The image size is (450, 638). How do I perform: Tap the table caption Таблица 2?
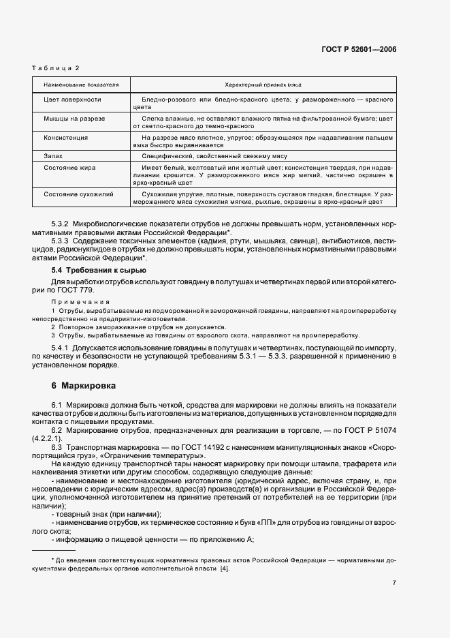tap(56, 67)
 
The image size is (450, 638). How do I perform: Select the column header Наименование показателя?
tap(81, 85)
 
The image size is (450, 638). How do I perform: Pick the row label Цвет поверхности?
tap(72, 100)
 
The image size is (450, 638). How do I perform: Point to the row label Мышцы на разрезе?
tap(74, 119)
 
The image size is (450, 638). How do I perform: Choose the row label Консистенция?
tap(65, 137)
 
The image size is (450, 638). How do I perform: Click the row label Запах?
tap(54, 156)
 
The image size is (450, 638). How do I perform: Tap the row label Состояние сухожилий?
tap(78, 194)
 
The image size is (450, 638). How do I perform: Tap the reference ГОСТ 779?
tap(81, 290)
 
